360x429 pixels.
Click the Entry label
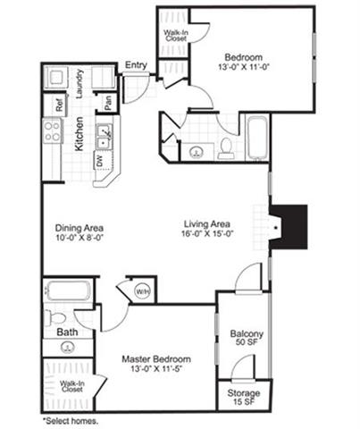(x=136, y=65)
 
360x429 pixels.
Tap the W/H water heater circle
(x=143, y=291)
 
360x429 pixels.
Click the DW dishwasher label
(x=99, y=161)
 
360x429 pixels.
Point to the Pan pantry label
(x=108, y=103)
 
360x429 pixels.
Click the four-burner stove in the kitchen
(x=52, y=130)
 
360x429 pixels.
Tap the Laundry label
(x=80, y=84)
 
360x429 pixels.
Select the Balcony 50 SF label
(x=247, y=338)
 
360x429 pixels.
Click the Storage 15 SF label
(x=244, y=397)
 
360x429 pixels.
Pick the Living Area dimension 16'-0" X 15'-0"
(x=207, y=233)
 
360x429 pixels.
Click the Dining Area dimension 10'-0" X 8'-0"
(x=80, y=238)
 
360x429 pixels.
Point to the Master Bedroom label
(x=156, y=359)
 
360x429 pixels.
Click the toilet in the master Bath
(x=54, y=317)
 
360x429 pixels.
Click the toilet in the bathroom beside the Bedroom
(x=226, y=147)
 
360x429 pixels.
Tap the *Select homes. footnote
(x=71, y=421)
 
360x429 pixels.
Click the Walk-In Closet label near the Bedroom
(x=176, y=36)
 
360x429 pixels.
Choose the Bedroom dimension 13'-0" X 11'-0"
(x=244, y=67)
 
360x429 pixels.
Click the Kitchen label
(x=80, y=134)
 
